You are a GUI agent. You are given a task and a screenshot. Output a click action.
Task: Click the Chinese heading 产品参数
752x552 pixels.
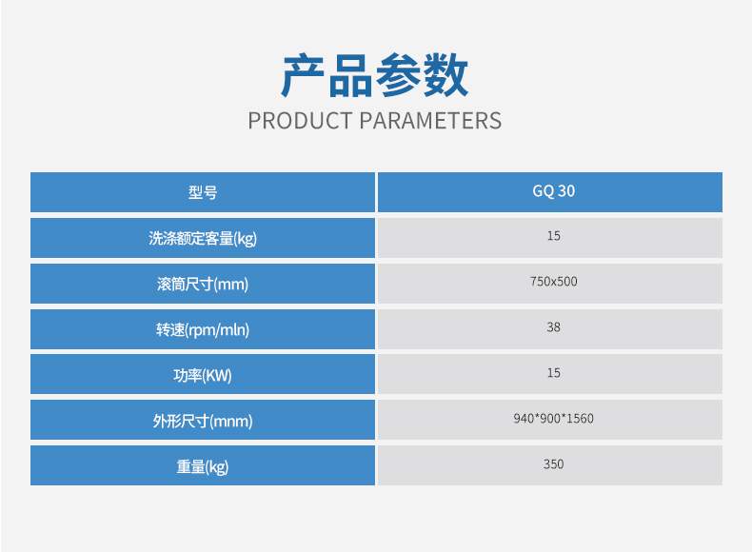pyautogui.click(x=374, y=75)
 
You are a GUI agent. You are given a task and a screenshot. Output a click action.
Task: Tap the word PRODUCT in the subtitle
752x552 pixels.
pyautogui.click(x=300, y=121)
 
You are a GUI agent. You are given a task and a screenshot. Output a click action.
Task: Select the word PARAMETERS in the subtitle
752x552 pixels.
pyautogui.click(x=430, y=121)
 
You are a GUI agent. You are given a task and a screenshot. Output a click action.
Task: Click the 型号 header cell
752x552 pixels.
pyautogui.click(x=203, y=192)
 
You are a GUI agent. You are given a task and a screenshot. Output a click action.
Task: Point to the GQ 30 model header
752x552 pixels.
pyautogui.click(x=553, y=191)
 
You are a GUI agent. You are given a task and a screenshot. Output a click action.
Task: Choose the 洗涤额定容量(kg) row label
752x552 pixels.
pyautogui.click(x=203, y=238)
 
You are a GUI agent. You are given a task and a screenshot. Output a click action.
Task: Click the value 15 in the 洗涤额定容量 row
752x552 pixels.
pyautogui.click(x=553, y=236)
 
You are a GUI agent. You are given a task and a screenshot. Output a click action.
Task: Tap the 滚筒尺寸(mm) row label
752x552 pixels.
pyautogui.click(x=203, y=284)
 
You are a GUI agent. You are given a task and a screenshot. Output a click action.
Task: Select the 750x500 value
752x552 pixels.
pyautogui.click(x=553, y=282)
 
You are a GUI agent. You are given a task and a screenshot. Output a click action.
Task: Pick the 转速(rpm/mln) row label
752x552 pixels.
pyautogui.click(x=203, y=329)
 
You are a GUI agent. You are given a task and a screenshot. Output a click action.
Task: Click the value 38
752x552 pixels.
pyautogui.click(x=553, y=327)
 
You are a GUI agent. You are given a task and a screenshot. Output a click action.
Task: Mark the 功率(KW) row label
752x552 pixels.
pyautogui.click(x=203, y=375)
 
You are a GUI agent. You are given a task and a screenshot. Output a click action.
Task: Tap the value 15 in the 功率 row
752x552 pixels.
pyautogui.click(x=553, y=373)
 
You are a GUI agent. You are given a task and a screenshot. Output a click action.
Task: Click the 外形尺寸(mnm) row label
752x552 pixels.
pyautogui.click(x=203, y=421)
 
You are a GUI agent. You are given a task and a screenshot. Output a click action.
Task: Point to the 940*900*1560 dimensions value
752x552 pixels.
pyautogui.click(x=553, y=418)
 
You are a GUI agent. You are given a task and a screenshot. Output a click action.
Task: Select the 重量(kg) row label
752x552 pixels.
pyautogui.click(x=203, y=466)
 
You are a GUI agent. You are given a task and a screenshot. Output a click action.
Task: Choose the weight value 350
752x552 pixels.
pyautogui.click(x=553, y=463)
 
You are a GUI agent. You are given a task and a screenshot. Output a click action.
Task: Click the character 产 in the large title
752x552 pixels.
pyautogui.click(x=303, y=75)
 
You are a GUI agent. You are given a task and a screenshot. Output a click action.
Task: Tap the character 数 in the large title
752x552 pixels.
pyautogui.click(x=446, y=75)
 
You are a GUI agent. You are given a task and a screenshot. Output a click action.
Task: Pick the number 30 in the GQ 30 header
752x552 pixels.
pyautogui.click(x=566, y=191)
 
